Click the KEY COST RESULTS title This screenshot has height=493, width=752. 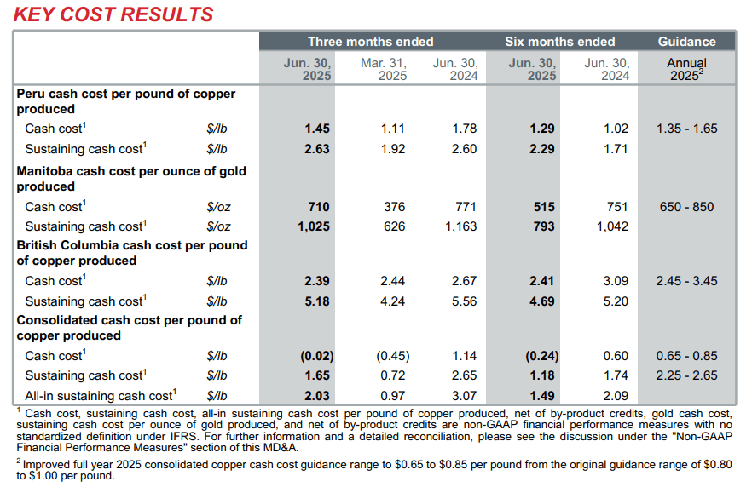point(113,14)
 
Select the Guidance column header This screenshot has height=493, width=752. point(687,42)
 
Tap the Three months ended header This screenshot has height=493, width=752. point(371,42)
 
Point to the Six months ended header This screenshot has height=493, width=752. point(560,42)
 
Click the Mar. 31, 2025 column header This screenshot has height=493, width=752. point(384,69)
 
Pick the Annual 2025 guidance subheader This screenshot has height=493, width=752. point(687,69)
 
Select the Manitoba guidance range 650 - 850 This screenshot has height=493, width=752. point(687,207)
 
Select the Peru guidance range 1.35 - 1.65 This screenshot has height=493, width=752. point(687,129)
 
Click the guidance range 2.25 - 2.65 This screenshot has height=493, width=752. point(687,375)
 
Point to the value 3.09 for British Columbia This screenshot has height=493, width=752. point(615,281)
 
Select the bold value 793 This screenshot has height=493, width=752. point(542,226)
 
